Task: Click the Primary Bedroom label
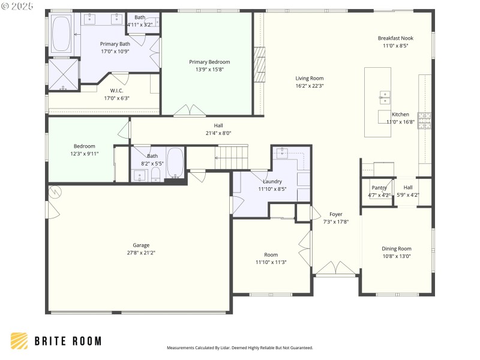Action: click(x=209, y=62)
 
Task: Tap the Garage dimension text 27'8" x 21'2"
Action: click(x=141, y=253)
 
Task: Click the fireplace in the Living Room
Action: click(x=259, y=65)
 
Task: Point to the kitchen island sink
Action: click(x=385, y=97)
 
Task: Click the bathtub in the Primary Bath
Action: click(x=61, y=34)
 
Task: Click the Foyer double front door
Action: click(x=335, y=268)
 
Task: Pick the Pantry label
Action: click(x=379, y=188)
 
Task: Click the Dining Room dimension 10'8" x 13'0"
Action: click(x=397, y=257)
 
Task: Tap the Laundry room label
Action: click(x=272, y=181)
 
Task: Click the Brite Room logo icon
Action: click(x=19, y=341)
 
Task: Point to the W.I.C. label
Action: click(x=116, y=91)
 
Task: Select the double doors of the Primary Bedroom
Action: click(x=190, y=110)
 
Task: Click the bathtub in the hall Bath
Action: click(x=175, y=162)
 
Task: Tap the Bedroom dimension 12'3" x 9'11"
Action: click(x=84, y=154)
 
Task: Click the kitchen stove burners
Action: click(x=424, y=121)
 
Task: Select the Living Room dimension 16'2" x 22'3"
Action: click(x=309, y=86)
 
